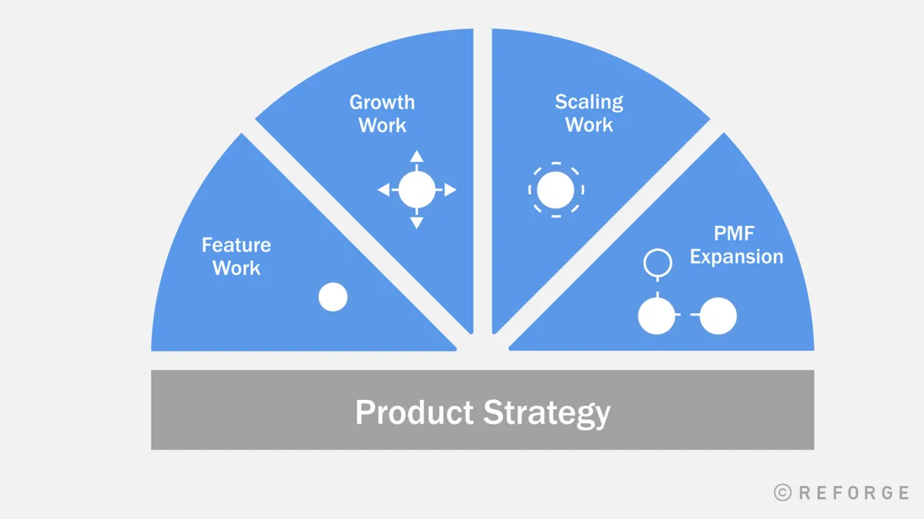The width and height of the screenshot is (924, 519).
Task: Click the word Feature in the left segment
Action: coord(236,245)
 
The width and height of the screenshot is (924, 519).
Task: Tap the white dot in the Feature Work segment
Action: coord(333,297)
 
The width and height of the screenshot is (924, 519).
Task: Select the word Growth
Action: coord(382,102)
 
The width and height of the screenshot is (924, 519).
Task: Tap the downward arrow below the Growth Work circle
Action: coord(417,223)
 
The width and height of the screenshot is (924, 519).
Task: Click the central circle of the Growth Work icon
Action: coord(417,190)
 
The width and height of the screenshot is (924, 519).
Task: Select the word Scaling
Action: coord(589,102)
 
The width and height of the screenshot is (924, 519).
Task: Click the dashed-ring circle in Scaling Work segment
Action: coord(556,190)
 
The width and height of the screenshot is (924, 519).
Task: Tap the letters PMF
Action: coord(736,234)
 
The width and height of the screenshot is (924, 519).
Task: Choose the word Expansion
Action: coord(736,257)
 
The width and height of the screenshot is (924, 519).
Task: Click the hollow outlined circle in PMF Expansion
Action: coord(656,263)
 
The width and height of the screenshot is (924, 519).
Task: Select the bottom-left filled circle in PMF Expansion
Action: coord(656,315)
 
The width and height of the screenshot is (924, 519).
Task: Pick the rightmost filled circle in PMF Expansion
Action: coord(718,315)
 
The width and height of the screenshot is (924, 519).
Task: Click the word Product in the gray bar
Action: coord(413,413)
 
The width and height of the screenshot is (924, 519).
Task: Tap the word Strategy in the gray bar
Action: coord(547,413)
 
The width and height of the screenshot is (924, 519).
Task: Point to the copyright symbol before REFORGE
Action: coord(782,493)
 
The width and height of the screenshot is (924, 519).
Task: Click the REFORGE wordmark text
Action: coord(853,493)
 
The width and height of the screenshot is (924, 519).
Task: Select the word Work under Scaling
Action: coord(589,125)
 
